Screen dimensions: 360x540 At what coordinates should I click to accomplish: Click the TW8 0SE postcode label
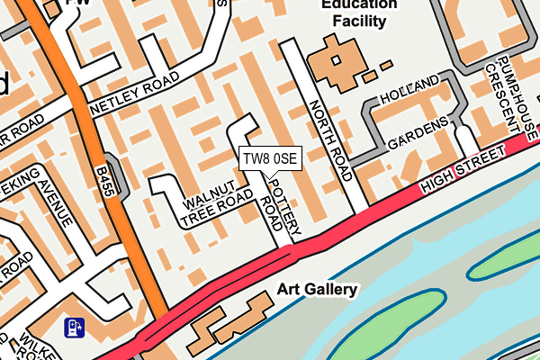(269, 158)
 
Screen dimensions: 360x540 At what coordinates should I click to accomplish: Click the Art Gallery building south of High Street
(229, 324)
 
